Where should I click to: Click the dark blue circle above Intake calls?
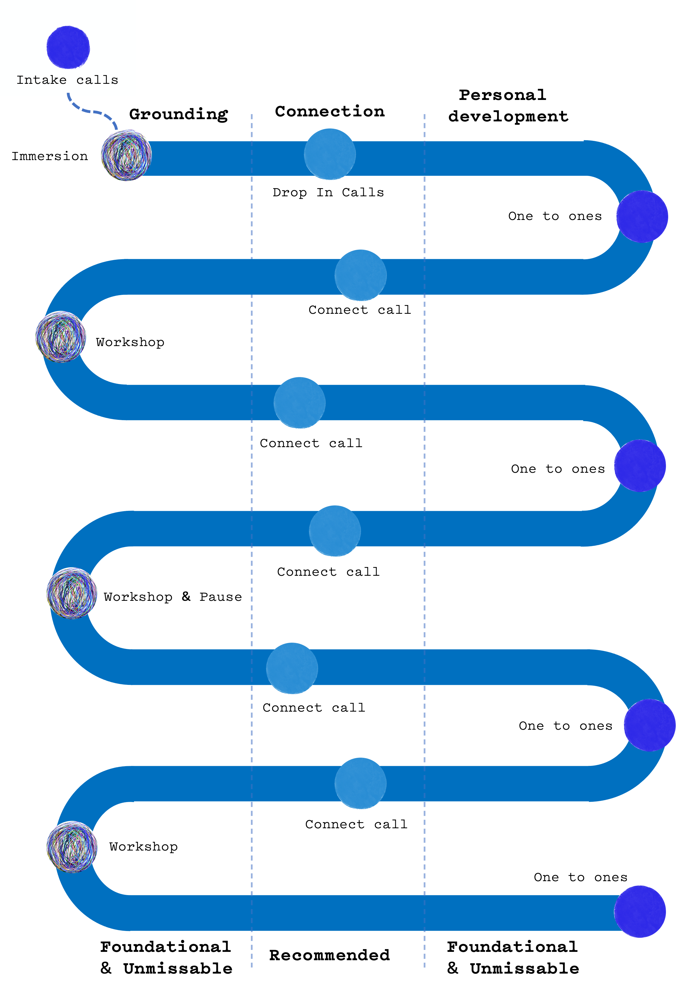point(68,47)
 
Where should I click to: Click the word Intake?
point(41,80)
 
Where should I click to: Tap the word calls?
point(97,80)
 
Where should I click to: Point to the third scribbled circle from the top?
point(72,593)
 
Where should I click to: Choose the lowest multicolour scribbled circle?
point(72,847)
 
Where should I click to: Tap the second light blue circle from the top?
point(360,275)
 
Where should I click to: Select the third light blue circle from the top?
point(299,403)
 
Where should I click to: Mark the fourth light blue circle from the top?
point(335,531)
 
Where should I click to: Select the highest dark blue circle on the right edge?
point(642,216)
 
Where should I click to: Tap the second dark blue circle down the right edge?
point(640,465)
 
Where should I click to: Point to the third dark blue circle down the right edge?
point(649,725)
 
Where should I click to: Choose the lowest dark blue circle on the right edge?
point(640,911)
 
